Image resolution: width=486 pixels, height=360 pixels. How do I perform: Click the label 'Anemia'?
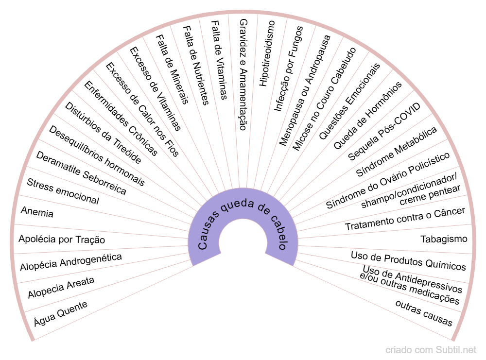pos(37,212)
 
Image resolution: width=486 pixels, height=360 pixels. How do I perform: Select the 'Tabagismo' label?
pos(443,239)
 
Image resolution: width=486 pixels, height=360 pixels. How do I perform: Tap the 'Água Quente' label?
pos(60,313)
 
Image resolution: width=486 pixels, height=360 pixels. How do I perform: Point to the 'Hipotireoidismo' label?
pos(267,53)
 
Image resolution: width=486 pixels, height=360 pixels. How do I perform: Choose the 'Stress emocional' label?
pos(63,191)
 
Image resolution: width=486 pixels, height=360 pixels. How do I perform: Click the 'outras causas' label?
pos(424,313)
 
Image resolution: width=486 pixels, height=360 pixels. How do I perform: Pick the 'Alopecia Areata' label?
pos(61,288)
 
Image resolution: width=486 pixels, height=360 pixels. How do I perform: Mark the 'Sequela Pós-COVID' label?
pos(384,131)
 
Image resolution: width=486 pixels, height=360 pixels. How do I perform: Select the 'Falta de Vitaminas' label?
pos(219,59)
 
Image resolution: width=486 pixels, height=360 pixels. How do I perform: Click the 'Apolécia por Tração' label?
pos(62,240)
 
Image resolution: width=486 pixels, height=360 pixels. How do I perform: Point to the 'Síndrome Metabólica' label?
pos(397,152)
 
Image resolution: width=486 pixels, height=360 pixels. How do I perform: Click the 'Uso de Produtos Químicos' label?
pos(408,261)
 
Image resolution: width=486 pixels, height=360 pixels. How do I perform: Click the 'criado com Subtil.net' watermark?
pos(431,350)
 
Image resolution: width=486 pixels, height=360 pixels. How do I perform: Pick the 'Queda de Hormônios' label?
pos(367,115)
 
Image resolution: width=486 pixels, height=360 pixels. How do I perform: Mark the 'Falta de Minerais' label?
pos(171,69)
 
